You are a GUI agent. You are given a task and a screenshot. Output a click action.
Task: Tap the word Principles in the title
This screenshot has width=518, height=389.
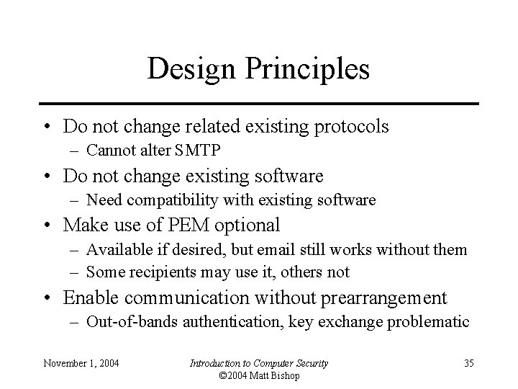pos(308,69)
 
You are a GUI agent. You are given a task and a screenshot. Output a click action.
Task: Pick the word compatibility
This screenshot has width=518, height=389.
pos(169,200)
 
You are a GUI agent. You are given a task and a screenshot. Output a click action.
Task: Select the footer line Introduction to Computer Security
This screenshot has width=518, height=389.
pos(258,363)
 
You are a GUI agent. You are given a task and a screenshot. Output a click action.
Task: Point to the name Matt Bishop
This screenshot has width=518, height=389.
pos(274,376)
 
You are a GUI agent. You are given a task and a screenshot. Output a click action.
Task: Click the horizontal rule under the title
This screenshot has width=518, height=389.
pos(258,103)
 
